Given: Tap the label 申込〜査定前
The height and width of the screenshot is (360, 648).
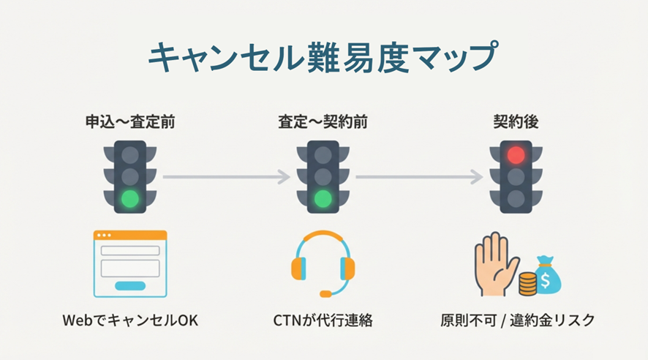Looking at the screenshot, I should click(130, 122).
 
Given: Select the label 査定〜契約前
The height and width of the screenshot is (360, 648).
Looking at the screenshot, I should click(323, 122).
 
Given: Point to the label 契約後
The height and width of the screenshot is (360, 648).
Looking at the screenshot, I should click(516, 122).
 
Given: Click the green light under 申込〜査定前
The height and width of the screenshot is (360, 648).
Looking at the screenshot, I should click(130, 198).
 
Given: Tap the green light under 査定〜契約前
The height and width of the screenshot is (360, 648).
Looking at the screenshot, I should click(323, 198).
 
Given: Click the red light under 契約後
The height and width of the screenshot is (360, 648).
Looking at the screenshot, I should click(516, 154).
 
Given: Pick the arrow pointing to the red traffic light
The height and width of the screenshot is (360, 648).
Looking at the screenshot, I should click(419, 177).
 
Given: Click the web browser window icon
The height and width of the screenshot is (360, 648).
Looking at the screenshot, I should click(130, 263).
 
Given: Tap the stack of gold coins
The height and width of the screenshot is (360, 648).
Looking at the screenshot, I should click(528, 284).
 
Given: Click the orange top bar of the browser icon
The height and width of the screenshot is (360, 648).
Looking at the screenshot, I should click(130, 236).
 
